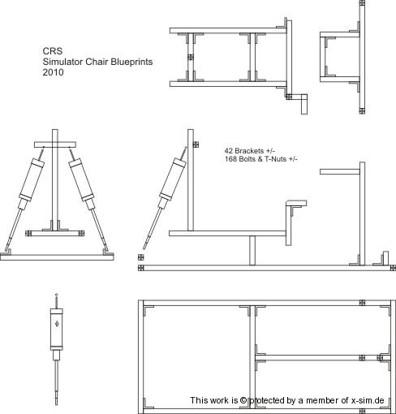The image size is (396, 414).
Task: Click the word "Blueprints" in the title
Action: pyautogui.click(x=131, y=62)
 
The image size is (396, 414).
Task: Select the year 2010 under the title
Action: pyautogui.click(x=53, y=72)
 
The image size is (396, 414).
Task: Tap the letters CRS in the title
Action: pyautogui.click(x=52, y=51)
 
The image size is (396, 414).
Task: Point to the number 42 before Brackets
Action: pyautogui.click(x=228, y=151)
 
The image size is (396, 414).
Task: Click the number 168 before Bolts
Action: pyautogui.click(x=230, y=159)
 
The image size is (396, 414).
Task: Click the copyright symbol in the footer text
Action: pyautogui.click(x=243, y=400)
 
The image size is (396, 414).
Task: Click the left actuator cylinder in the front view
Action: pyautogui.click(x=32, y=179)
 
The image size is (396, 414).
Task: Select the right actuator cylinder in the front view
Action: pyautogui.click(x=81, y=179)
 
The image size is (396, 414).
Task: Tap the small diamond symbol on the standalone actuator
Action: pyautogui.click(x=57, y=324)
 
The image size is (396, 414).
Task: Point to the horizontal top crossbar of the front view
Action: pyautogui.click(x=55, y=144)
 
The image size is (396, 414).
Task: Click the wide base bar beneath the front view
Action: pyautogui.click(x=57, y=257)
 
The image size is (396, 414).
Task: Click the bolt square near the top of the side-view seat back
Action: pyautogui.click(x=196, y=144)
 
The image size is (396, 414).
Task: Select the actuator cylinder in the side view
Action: pyautogui.click(x=173, y=179)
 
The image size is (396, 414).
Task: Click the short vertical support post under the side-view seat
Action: pyautogui.click(x=252, y=250)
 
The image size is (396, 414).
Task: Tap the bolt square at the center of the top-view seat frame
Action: pyautogui.click(x=191, y=58)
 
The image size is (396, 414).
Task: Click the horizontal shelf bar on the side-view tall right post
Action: pyautogui.click(x=340, y=171)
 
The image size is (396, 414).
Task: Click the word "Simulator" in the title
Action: pyautogui.click(x=62, y=62)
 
